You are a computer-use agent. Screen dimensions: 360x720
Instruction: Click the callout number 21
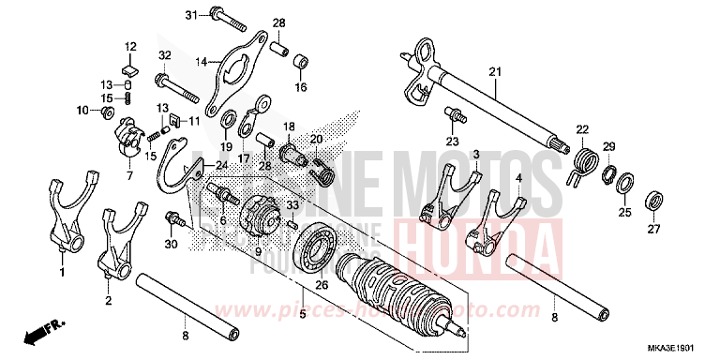(x=495, y=72)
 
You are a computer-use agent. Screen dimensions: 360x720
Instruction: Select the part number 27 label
(x=653, y=230)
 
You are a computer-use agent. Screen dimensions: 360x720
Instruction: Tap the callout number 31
(x=190, y=16)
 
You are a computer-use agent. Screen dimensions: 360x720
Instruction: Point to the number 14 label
(x=201, y=62)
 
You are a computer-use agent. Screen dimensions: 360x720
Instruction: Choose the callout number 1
(x=62, y=273)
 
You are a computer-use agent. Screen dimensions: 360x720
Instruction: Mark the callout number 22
(x=581, y=129)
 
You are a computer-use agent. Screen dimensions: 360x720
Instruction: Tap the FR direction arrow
(x=36, y=331)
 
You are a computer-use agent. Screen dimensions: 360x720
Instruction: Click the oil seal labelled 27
(x=654, y=200)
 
